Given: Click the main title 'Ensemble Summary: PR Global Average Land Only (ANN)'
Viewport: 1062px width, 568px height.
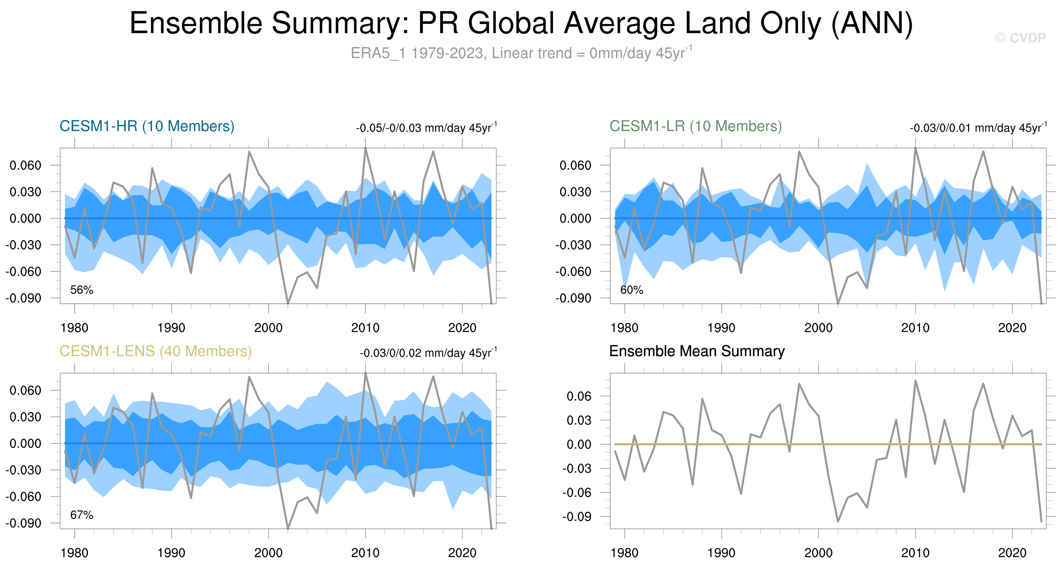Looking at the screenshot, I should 521,23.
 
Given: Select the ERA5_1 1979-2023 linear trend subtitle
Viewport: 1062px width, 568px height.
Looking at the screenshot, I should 521,53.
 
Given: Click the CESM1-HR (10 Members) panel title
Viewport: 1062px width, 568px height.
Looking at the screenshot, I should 147,126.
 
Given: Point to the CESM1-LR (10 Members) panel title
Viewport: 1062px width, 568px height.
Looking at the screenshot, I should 696,126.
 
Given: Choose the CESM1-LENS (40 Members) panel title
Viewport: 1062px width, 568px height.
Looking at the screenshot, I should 155,351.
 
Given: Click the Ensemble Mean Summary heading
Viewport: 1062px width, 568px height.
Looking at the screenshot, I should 697,351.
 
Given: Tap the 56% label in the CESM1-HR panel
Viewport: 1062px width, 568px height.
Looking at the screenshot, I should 81,290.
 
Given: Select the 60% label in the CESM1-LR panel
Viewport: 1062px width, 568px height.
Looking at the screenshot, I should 632,290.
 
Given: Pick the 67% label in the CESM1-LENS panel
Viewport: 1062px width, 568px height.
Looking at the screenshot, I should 81,515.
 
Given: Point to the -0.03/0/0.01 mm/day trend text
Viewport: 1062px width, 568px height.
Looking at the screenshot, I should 978,128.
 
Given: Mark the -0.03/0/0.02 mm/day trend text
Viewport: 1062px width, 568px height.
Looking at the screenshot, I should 428,353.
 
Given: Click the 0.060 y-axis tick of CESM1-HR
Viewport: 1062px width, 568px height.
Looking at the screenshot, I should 25,165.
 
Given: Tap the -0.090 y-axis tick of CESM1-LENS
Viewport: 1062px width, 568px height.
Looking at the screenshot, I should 23,523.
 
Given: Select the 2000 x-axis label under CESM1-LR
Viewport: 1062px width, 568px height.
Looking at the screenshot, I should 819,328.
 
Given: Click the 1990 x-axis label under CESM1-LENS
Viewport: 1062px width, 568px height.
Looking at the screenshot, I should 171,553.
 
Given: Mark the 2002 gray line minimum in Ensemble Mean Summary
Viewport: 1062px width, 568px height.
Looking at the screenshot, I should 838,521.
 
